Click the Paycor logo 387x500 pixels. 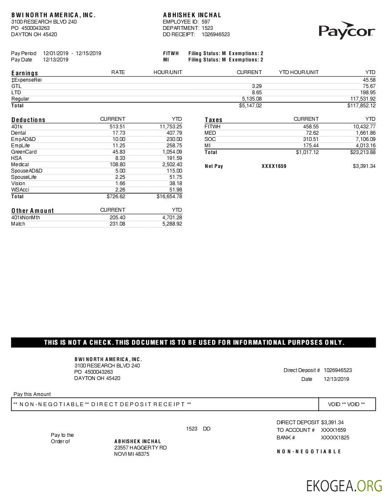(347, 30)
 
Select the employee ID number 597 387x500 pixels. (206, 22)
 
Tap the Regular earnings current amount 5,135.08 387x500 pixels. (252, 99)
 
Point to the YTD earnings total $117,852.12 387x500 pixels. (361, 106)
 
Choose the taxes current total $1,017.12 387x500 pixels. (307, 152)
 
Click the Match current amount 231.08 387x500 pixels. (117, 224)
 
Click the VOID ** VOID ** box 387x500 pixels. (347, 404)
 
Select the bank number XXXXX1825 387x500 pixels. (335, 438)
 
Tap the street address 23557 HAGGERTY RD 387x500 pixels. (140, 448)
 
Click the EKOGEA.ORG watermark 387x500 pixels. (344, 486)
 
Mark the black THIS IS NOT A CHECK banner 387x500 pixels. (193, 343)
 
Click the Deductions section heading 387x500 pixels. (28, 120)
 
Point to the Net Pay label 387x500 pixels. (214, 166)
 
